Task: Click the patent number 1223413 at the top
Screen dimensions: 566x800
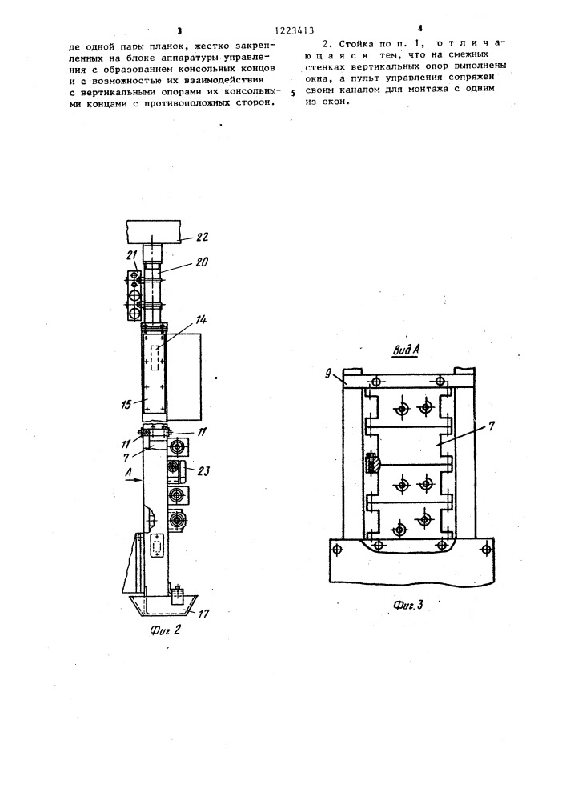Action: (294, 30)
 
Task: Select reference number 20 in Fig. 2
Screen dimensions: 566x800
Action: (202, 262)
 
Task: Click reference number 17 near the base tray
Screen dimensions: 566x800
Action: (203, 614)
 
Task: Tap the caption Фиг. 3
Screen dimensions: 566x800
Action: (408, 605)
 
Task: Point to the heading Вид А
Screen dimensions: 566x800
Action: (406, 350)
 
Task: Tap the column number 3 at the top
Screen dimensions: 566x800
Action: (179, 30)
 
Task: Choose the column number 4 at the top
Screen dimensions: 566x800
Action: (420, 29)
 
